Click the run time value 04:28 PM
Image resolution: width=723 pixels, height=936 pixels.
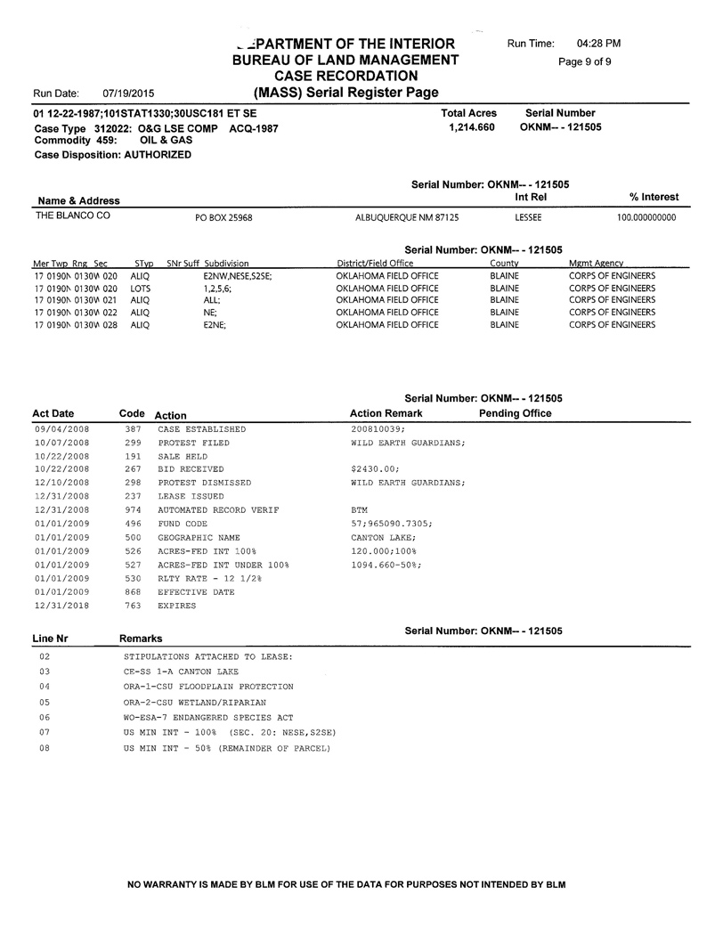[x=598, y=44]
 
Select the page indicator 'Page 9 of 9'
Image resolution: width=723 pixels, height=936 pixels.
[x=584, y=61]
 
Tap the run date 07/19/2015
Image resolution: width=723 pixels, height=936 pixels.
[x=128, y=93]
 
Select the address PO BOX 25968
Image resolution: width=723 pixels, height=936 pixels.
[x=223, y=217]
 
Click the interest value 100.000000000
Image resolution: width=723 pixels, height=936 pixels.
[x=646, y=217]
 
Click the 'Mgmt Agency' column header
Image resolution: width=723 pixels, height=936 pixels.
[x=596, y=264]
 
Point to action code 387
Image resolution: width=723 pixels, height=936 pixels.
[x=134, y=429]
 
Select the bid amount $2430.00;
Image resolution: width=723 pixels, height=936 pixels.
[x=376, y=469]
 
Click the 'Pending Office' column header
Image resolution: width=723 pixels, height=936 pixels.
[x=515, y=413]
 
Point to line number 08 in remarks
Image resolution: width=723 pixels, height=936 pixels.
[x=45, y=748]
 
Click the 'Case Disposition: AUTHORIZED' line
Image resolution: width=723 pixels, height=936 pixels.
[x=112, y=154]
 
